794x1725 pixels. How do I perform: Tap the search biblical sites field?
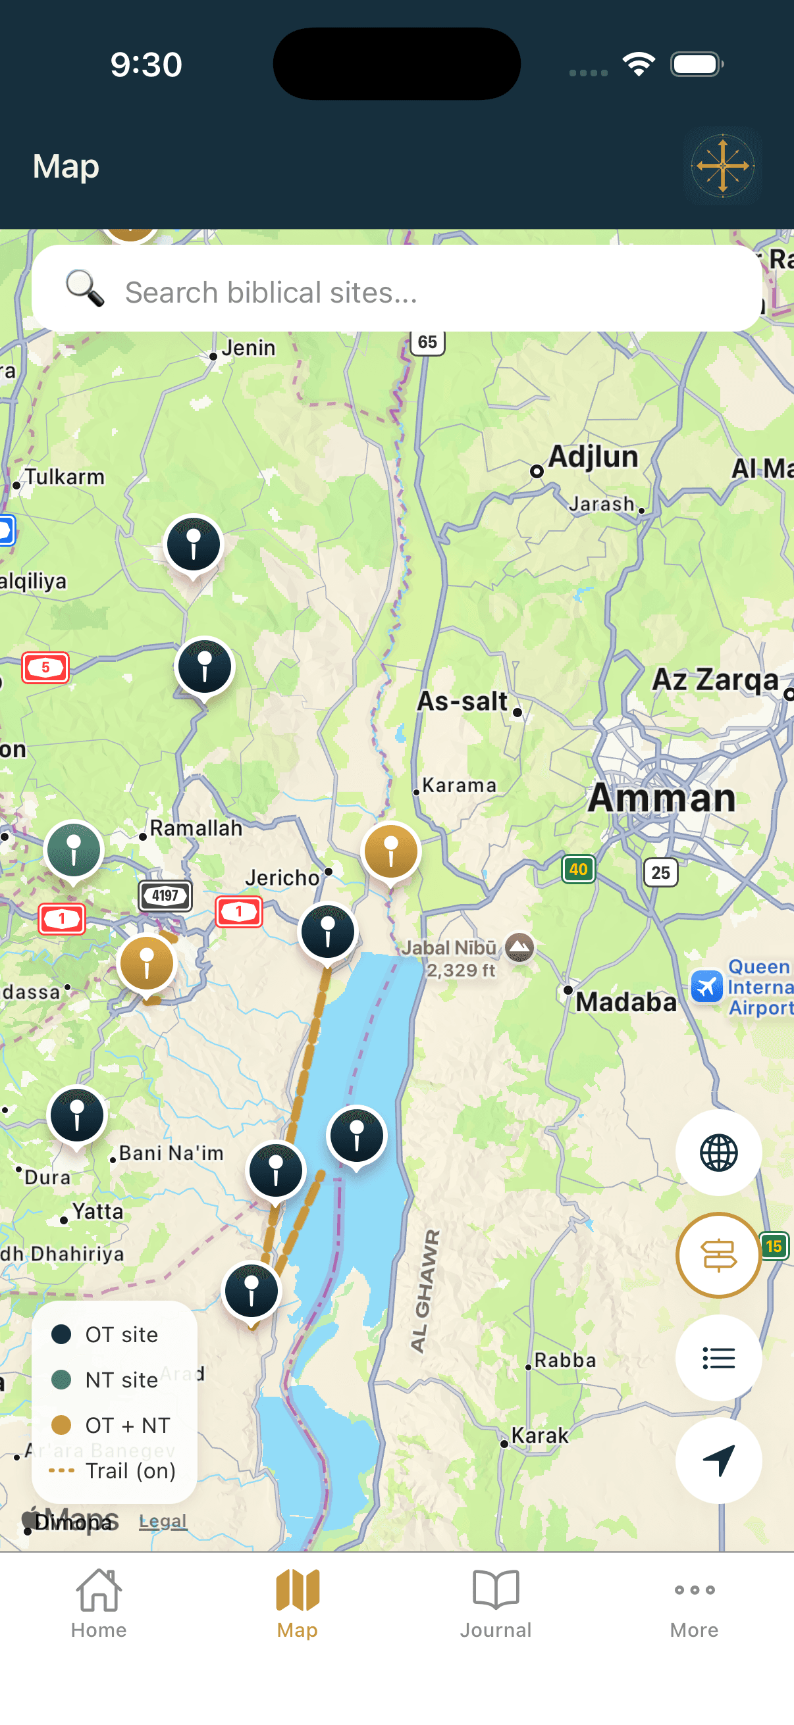[395, 291]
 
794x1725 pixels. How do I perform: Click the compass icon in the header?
[722, 165]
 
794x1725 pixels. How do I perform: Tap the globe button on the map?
[718, 1152]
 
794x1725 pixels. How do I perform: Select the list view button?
[718, 1357]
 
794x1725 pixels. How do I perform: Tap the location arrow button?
[718, 1460]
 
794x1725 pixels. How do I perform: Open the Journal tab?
[495, 1602]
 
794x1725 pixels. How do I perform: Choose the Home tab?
[99, 1602]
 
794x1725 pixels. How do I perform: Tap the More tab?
[694, 1602]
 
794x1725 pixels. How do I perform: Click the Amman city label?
[661, 798]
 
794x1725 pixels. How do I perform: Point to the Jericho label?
[282, 877]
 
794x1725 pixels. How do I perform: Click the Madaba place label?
[626, 1002]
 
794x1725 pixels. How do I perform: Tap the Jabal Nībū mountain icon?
[520, 947]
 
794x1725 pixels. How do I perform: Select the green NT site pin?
[74, 849]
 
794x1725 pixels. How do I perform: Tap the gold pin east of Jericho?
[390, 851]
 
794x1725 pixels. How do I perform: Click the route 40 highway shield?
[577, 869]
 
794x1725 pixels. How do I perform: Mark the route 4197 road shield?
[165, 895]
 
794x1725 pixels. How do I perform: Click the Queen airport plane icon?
[706, 986]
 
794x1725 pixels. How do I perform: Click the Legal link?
[162, 1521]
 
